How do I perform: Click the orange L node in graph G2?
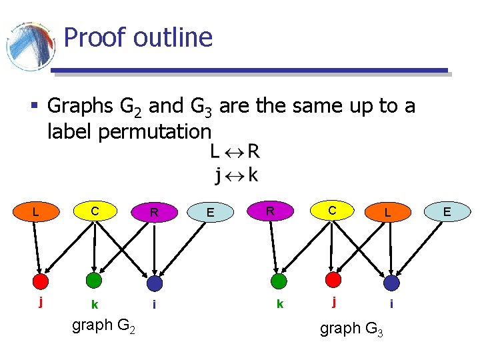(x=35, y=212)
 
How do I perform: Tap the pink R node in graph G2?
(x=154, y=213)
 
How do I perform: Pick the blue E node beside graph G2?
(x=210, y=213)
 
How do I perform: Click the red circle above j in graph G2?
(x=41, y=281)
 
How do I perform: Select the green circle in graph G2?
(x=94, y=281)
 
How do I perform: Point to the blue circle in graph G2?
(x=155, y=283)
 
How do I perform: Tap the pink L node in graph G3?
(x=387, y=213)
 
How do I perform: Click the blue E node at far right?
(x=447, y=212)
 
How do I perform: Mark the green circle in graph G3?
(x=279, y=281)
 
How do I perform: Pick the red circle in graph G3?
(x=333, y=279)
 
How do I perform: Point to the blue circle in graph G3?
(x=391, y=283)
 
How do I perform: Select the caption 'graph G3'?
(x=351, y=329)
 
